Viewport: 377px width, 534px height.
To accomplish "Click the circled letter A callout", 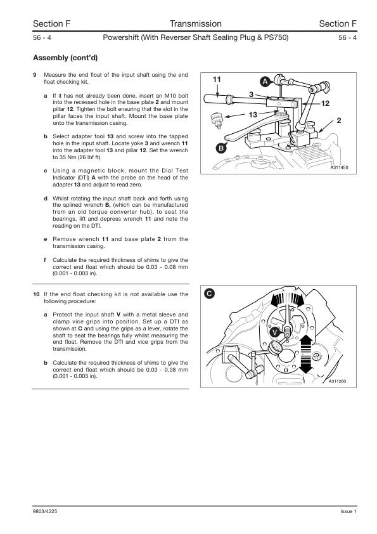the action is pos(265,82).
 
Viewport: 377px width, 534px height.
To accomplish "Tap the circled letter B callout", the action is pos(221,148).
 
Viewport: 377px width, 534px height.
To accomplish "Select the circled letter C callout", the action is pos(210,294).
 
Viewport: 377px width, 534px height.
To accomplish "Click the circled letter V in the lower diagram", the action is pos(275,333).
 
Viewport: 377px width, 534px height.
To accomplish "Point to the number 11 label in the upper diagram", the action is pos(217,79).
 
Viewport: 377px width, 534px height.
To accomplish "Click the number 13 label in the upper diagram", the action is pos(253,115).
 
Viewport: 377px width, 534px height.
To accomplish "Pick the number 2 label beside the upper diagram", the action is pos(339,120).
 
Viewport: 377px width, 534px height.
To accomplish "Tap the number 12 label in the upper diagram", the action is pos(325,103).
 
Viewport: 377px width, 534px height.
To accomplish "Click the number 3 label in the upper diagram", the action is pos(251,94).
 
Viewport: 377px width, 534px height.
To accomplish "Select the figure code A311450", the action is pos(339,167).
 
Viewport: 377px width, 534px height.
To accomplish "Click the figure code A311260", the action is pos(337,381).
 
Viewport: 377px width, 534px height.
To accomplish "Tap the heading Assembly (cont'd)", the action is pos(65,58).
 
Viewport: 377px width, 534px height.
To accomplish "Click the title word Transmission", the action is pos(196,23).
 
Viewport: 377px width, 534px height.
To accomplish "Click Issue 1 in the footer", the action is pos(348,511).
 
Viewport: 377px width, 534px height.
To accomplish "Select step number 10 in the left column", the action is pos(36,294).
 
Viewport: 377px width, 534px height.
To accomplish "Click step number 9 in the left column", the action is pos(35,75).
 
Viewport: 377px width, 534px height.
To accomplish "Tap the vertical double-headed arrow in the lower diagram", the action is pos(306,354).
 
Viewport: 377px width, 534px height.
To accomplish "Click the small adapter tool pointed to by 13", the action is pos(216,120).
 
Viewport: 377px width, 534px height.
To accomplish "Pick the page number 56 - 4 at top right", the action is pos(347,37).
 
